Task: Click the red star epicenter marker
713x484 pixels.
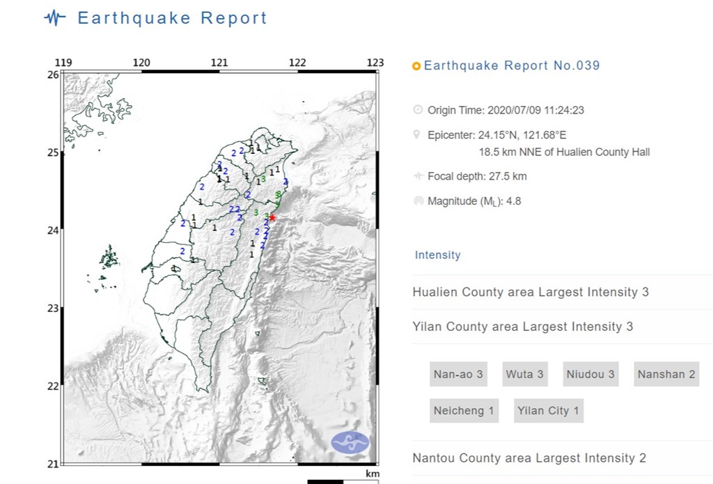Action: click(272, 218)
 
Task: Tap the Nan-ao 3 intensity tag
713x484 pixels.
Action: click(458, 375)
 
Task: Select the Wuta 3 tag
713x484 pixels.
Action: click(524, 375)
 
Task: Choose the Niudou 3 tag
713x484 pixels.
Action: click(590, 375)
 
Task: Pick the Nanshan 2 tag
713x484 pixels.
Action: click(666, 375)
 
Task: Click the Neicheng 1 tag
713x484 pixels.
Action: click(464, 411)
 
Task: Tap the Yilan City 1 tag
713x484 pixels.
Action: click(548, 411)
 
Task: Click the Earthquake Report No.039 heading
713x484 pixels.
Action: click(512, 66)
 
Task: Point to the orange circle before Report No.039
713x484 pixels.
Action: click(416, 67)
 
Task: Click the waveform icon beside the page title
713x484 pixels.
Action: click(55, 18)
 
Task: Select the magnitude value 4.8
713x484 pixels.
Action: click(514, 201)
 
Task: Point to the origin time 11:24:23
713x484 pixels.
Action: click(565, 110)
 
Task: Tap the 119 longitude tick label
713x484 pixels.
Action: click(63, 63)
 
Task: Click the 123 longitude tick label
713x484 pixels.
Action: click(375, 63)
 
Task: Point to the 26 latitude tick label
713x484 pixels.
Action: click(53, 74)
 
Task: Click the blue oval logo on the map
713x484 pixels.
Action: click(350, 443)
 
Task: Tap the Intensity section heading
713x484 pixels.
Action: click(437, 255)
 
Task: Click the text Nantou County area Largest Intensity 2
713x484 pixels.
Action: click(529, 458)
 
